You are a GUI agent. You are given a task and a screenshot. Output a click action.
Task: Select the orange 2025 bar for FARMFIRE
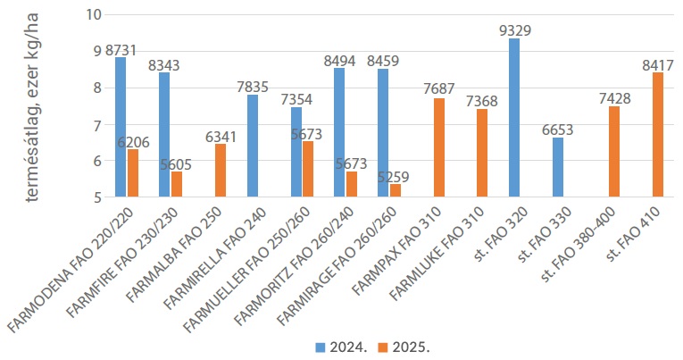coord(177,184)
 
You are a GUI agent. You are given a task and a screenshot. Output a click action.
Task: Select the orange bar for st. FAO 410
coord(658,135)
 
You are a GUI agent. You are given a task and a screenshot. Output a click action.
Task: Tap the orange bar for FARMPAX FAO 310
coord(439,147)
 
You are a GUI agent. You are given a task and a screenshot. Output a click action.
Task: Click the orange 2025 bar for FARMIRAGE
coord(396,190)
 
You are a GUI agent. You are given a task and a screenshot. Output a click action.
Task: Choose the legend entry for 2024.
coord(335,345)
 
